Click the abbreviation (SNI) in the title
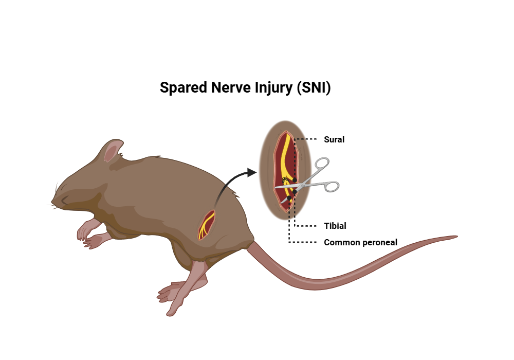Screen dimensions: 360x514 pyautogui.click(x=314, y=88)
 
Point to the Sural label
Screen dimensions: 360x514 pyautogui.click(x=334, y=139)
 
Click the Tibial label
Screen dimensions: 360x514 pyautogui.click(x=335, y=226)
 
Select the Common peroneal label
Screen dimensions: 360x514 pyautogui.click(x=360, y=242)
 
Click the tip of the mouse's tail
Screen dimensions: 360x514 pyautogui.click(x=455, y=237)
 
